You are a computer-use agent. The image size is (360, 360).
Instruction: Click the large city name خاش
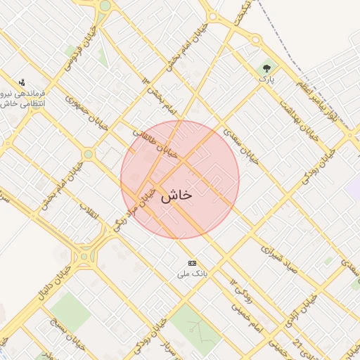tap(176, 196)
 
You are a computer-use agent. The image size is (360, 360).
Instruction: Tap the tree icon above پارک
tap(266, 69)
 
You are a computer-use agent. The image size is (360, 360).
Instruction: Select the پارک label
tap(266, 80)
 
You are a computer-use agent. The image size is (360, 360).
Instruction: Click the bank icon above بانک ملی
tap(192, 262)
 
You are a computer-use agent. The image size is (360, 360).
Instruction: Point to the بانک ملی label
tap(192, 274)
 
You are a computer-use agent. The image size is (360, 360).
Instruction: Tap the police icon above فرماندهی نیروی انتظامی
tap(21, 82)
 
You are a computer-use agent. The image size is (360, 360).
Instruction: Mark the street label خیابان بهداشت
tap(295, 117)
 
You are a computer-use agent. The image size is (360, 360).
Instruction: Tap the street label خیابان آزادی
tap(298, 316)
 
